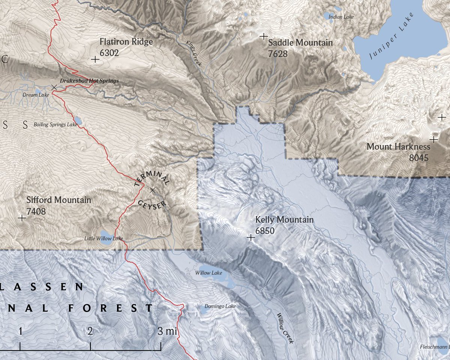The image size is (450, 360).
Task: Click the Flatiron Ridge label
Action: (x=126, y=42)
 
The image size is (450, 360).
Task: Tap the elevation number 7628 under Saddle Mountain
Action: (x=278, y=54)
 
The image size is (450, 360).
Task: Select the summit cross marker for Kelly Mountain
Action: (x=251, y=237)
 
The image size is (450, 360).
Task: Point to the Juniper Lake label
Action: (x=391, y=36)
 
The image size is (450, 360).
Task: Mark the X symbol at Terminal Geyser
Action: (x=152, y=190)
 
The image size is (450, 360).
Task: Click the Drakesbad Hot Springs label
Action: (x=89, y=81)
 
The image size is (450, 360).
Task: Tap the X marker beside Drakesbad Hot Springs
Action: (x=54, y=87)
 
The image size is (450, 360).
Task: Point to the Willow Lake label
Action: (x=208, y=273)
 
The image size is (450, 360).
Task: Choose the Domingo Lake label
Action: (x=220, y=306)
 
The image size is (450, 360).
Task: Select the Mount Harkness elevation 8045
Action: (x=418, y=157)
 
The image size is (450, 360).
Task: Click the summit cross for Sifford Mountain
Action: (x=22, y=217)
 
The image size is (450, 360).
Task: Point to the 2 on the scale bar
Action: (x=90, y=331)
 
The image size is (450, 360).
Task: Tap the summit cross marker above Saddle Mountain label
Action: (x=264, y=36)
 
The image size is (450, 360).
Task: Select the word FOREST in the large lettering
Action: (x=111, y=308)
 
